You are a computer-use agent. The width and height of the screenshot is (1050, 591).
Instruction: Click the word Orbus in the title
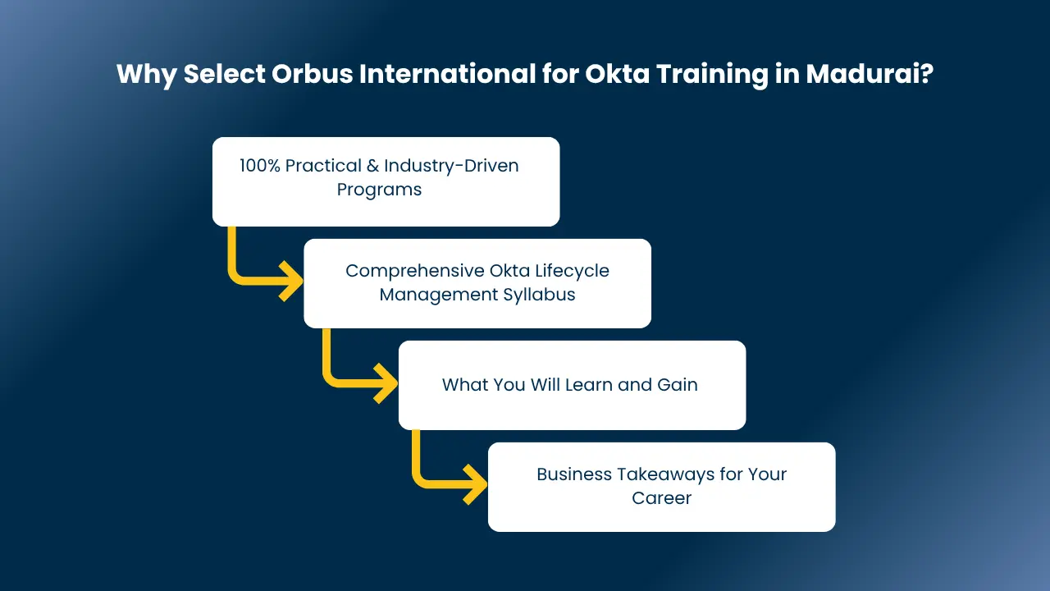point(313,74)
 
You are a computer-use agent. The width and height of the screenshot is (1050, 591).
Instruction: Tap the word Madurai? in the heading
point(870,74)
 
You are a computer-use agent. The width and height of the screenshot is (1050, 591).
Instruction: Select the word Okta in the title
point(617,74)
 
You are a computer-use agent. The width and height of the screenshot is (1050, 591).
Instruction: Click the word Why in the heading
point(146,75)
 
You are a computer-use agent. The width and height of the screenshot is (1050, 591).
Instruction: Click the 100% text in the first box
point(260,166)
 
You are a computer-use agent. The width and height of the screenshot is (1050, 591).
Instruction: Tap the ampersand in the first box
point(372,166)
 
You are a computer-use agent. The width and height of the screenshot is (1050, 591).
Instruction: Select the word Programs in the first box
point(379,190)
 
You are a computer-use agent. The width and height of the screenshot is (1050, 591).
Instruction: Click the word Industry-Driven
point(451,166)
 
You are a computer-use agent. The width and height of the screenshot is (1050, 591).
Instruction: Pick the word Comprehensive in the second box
point(415,271)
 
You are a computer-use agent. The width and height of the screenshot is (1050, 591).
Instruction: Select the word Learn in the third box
point(588,385)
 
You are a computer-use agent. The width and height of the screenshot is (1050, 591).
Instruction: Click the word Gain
point(678,385)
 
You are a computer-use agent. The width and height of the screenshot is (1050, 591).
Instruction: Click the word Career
point(661,498)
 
